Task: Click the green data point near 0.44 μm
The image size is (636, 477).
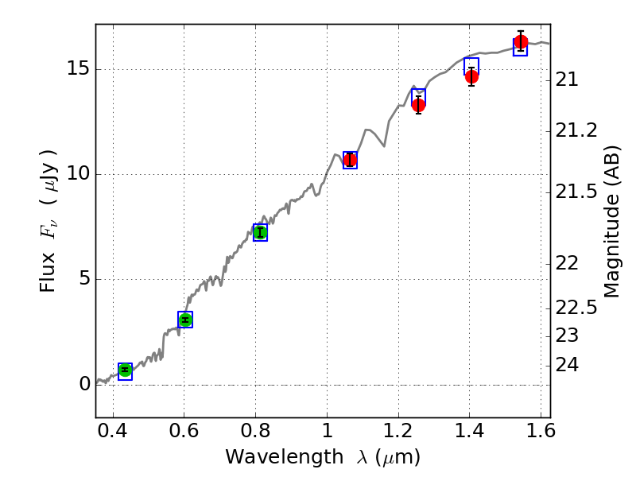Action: [125, 370]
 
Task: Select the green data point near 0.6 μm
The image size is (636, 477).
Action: [185, 320]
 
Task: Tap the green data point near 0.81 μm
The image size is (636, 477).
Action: [260, 232]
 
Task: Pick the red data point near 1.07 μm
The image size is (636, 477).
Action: [350, 160]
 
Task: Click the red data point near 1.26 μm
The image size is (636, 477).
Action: [418, 105]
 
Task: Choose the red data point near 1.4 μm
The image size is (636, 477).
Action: [471, 77]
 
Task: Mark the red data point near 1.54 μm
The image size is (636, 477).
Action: [521, 42]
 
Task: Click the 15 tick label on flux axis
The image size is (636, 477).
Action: [77, 69]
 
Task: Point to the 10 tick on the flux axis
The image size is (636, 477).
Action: [77, 174]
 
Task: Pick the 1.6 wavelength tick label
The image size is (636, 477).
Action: [541, 433]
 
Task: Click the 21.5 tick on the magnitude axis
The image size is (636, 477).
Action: [579, 192]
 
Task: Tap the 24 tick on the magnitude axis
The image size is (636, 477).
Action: [569, 365]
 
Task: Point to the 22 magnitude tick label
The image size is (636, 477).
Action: [569, 263]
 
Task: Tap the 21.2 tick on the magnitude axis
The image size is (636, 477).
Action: [579, 130]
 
